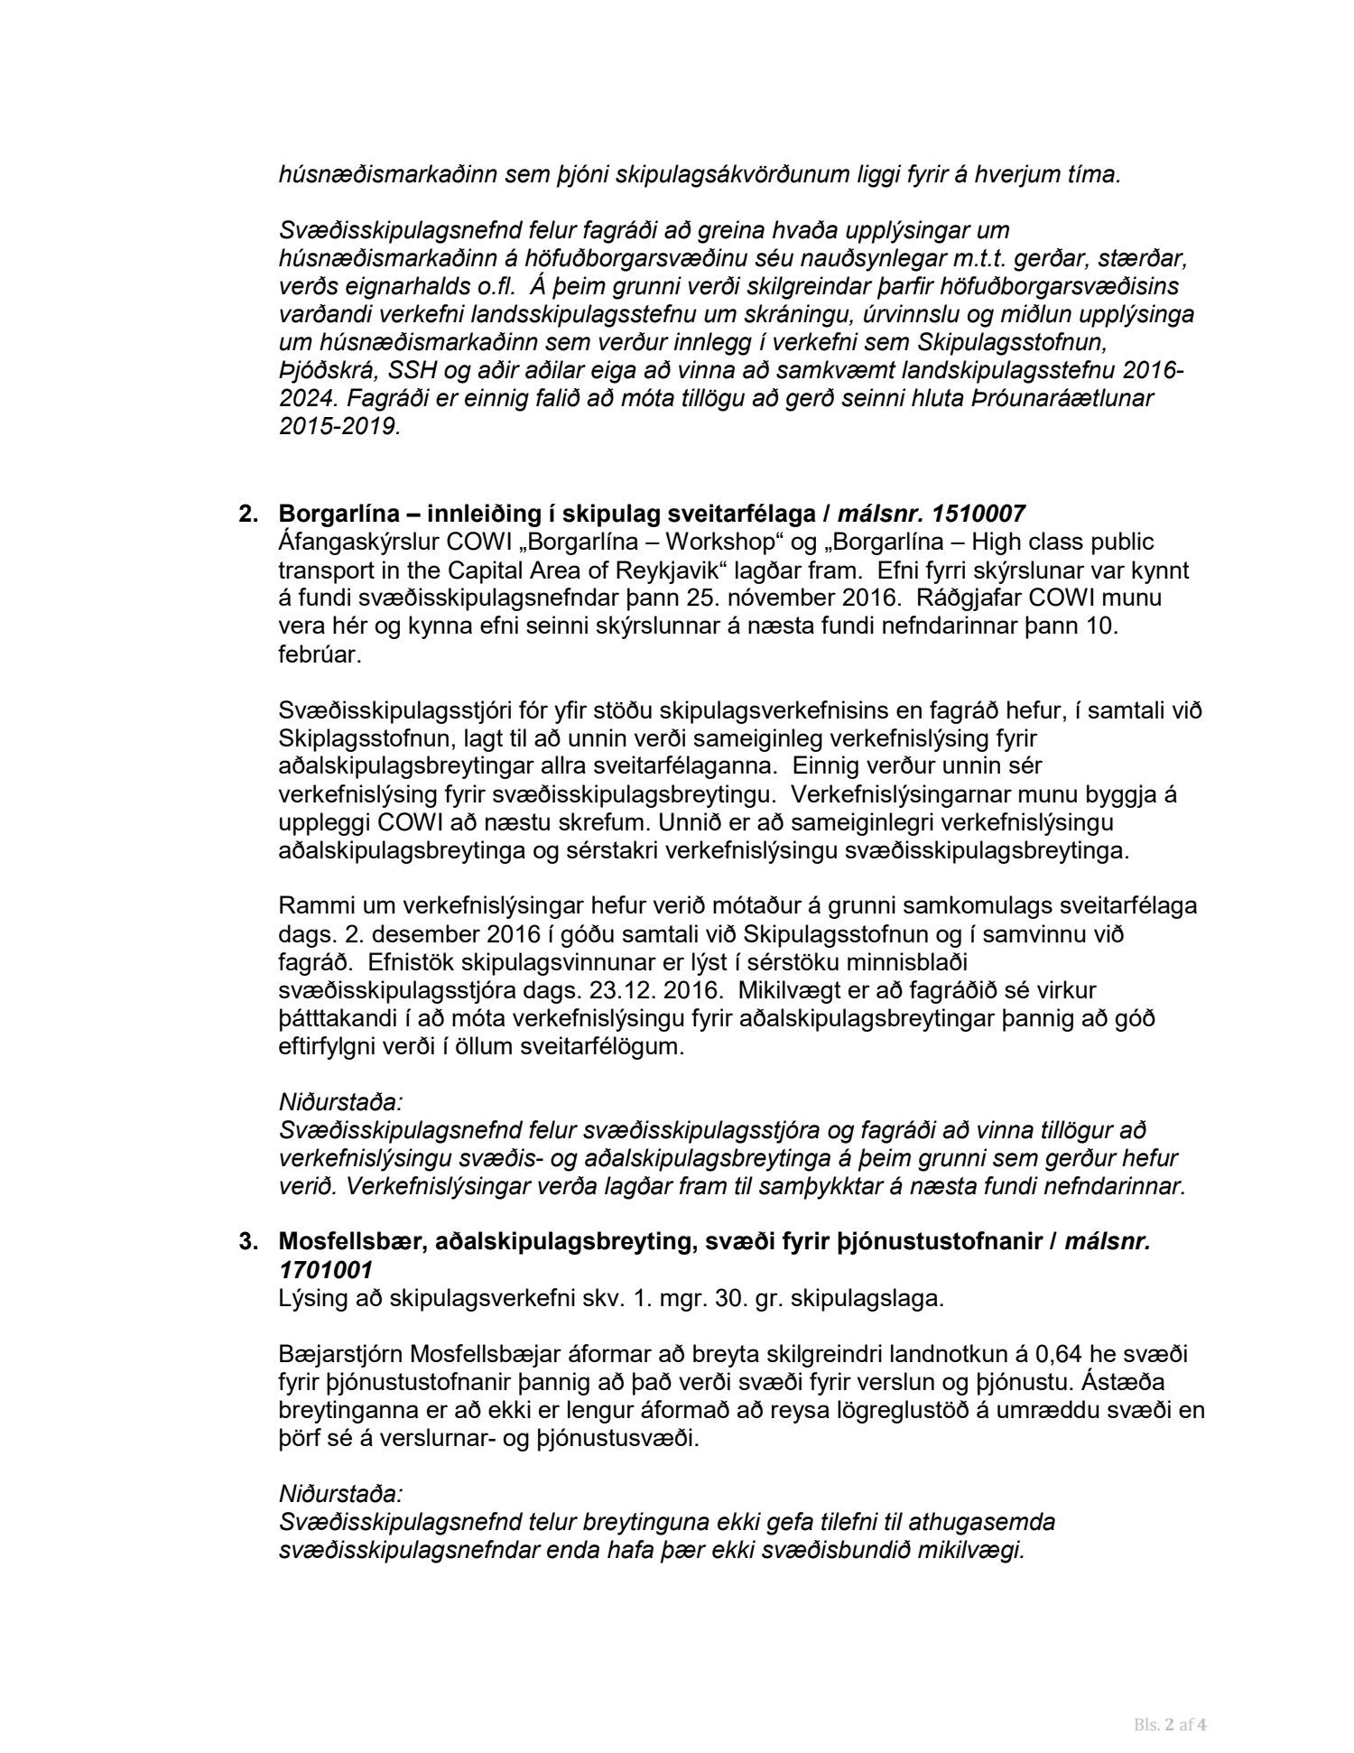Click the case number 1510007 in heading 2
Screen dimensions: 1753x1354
pyautogui.click(x=978, y=515)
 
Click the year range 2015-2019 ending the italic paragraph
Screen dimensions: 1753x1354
pyautogui.click(x=338, y=427)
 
